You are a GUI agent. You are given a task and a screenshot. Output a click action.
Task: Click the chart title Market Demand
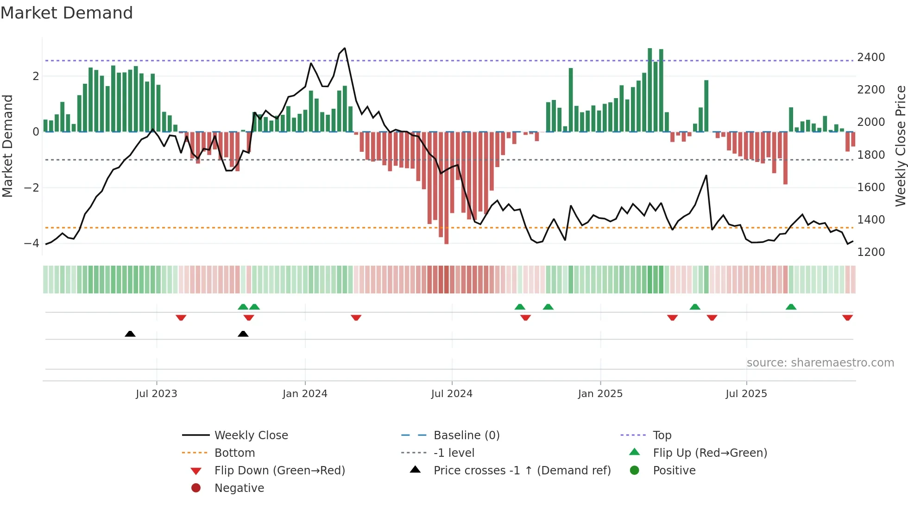[67, 13]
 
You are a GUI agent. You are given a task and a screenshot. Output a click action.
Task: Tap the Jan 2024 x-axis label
[305, 394]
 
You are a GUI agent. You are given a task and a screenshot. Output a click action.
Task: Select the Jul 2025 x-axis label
[746, 394]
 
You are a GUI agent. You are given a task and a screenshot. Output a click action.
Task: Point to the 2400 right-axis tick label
[871, 57]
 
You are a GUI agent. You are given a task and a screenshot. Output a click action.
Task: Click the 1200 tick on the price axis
[871, 252]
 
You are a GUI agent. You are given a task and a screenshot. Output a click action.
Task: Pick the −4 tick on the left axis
[32, 243]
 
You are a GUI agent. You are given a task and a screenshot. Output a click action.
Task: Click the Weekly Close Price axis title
[900, 146]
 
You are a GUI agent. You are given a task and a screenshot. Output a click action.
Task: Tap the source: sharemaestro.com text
[820, 363]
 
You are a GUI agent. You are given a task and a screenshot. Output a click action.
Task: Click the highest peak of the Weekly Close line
[345, 49]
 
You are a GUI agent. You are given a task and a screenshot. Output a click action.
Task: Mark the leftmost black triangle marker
[130, 334]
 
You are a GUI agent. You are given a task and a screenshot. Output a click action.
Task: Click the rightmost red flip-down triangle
[847, 317]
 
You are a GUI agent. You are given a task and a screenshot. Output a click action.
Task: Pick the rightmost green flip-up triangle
[791, 307]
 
